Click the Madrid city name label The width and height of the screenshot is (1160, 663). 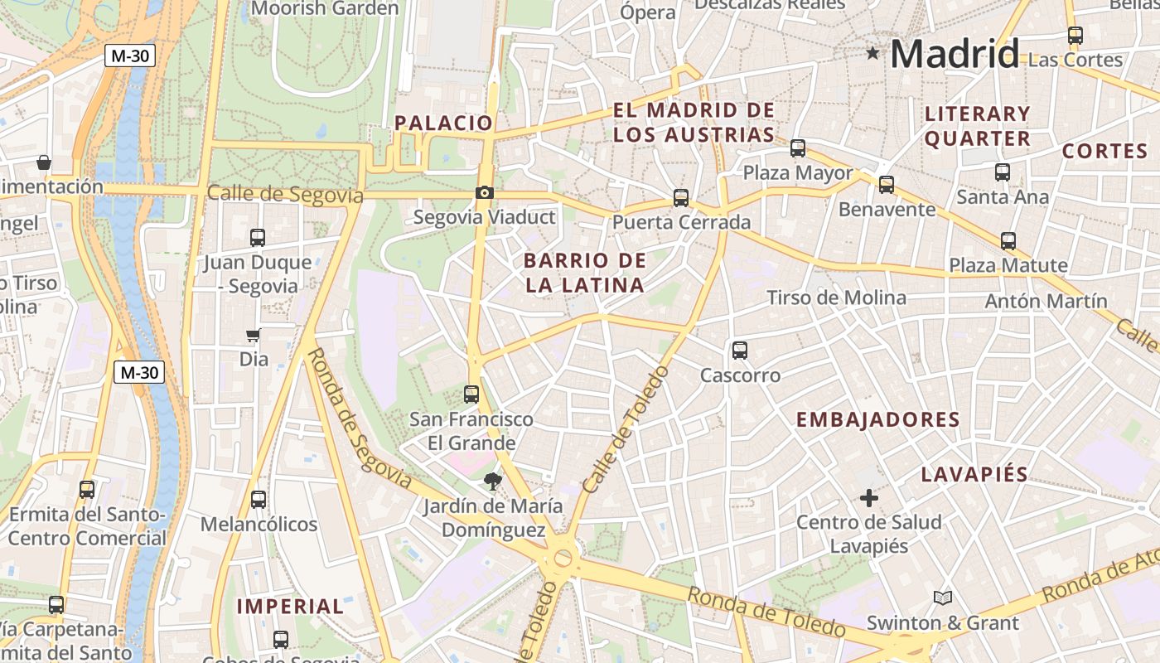[x=955, y=55]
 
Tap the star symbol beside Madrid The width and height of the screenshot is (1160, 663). [x=872, y=54]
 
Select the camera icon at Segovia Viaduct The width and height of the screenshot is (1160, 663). [x=485, y=193]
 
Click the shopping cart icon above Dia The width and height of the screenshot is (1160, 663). [x=254, y=336]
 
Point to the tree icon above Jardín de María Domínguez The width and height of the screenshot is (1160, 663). [x=493, y=481]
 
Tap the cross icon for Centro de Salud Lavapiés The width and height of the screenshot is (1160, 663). [x=868, y=498]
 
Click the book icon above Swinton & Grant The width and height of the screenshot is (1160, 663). [x=942, y=598]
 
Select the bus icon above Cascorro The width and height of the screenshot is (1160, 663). [x=740, y=351]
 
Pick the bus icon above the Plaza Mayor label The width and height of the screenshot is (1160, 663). [x=798, y=148]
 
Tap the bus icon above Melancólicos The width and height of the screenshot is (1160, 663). [x=259, y=500]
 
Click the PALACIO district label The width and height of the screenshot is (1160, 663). [x=443, y=123]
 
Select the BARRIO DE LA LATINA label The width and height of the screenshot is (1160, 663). [x=585, y=273]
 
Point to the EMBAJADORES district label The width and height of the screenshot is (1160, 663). [x=878, y=420]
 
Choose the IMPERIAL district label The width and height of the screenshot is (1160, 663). [x=290, y=607]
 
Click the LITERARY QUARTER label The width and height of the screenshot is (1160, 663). [x=978, y=126]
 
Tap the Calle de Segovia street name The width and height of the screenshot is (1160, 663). [x=285, y=195]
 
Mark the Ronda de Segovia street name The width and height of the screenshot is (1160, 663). [x=359, y=419]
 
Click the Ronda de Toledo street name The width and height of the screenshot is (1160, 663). [x=766, y=612]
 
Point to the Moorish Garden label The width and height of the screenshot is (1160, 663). [x=325, y=8]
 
